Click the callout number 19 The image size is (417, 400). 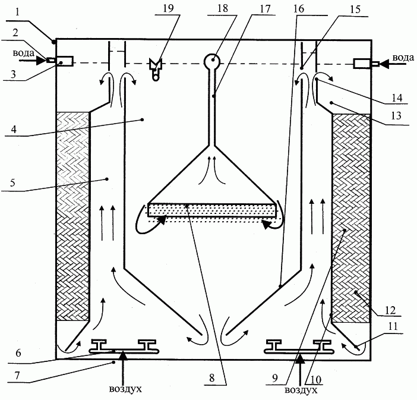[x=168, y=8]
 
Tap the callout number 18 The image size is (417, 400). [x=223, y=8]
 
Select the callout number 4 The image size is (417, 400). [x=14, y=129]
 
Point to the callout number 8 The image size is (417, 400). [x=211, y=377]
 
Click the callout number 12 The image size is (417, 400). [x=390, y=310]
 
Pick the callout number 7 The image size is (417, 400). [x=17, y=376]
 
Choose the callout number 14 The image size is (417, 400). [x=397, y=97]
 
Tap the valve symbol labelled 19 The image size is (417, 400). [x=156, y=69]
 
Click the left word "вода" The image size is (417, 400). [x=23, y=53]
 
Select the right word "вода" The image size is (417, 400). [x=403, y=58]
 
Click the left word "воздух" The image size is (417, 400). [x=125, y=389]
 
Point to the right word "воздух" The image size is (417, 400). [x=301, y=390]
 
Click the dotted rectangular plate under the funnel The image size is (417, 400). [x=212, y=210]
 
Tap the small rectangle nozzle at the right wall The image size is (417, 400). [x=362, y=64]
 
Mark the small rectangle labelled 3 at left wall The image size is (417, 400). [x=65, y=61]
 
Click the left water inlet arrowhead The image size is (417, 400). [x=41, y=61]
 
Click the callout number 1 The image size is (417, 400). [x=17, y=12]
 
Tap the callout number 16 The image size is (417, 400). [x=299, y=8]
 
